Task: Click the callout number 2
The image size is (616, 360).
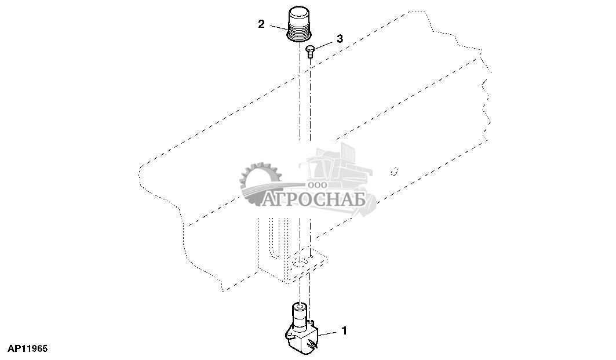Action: (x=261, y=24)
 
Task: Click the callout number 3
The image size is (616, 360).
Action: (x=340, y=38)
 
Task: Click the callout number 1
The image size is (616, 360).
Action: (x=344, y=331)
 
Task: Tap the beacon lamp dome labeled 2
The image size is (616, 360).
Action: (x=300, y=15)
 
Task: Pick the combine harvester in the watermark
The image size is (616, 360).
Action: (x=336, y=168)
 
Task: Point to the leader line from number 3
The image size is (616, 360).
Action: (x=325, y=43)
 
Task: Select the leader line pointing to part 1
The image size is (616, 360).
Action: (x=327, y=333)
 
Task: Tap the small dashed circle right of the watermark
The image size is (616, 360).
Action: (x=394, y=171)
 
